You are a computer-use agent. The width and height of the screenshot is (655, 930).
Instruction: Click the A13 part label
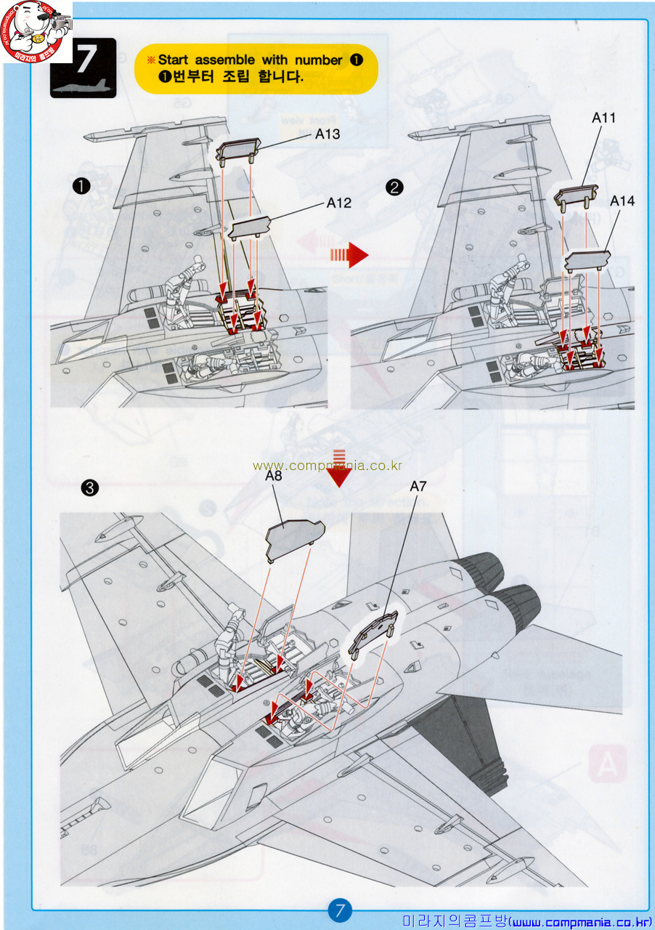(x=327, y=134)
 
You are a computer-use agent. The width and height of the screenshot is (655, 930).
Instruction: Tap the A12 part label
(x=338, y=203)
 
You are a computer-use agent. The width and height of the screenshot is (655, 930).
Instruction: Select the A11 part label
(x=603, y=118)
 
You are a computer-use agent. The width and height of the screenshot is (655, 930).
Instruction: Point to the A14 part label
(x=622, y=201)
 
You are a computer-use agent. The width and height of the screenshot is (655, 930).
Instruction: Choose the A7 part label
(x=418, y=486)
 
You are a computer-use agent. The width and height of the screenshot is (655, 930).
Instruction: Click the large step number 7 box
(x=83, y=67)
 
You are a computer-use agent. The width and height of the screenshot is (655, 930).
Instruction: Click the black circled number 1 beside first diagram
(x=81, y=187)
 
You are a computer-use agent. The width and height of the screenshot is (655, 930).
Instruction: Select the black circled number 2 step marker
(x=394, y=187)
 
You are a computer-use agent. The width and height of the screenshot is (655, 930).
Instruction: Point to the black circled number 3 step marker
(x=89, y=488)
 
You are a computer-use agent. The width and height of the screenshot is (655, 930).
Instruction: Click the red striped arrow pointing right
(x=350, y=254)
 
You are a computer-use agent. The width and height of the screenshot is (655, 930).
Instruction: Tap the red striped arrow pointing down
(x=338, y=469)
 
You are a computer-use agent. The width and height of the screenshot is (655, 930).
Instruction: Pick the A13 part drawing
(x=237, y=150)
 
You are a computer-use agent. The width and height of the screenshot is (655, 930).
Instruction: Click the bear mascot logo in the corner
(x=36, y=31)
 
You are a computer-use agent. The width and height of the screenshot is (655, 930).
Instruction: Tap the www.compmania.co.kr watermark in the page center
(x=327, y=466)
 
